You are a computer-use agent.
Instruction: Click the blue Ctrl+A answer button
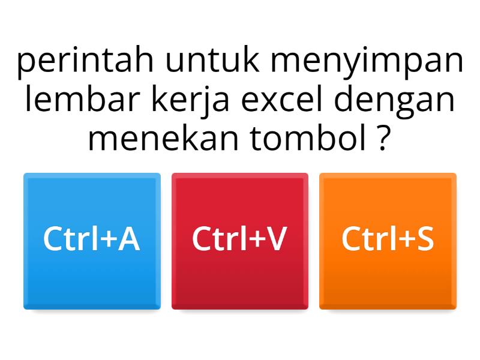point(92,241)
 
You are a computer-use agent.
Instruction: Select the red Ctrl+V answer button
point(240,241)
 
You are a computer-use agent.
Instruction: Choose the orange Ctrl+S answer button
point(388,241)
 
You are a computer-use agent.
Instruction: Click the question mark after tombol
point(378,139)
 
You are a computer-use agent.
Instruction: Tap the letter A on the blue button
point(128,239)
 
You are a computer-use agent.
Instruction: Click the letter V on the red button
point(276,239)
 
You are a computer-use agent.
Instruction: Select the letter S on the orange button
point(425,239)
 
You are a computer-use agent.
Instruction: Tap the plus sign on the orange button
point(404,240)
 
